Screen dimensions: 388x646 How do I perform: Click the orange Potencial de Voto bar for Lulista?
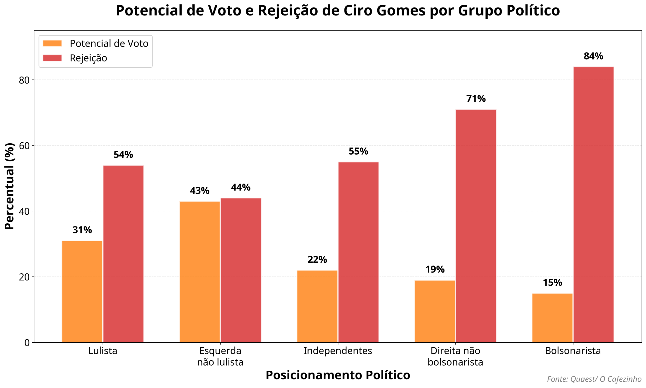click(x=82, y=291)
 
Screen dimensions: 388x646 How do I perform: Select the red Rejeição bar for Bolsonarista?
click(x=593, y=204)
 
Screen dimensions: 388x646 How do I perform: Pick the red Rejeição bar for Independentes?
click(x=358, y=252)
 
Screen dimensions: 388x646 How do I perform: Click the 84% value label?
click(x=593, y=56)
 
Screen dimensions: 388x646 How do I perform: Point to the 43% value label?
click(x=200, y=191)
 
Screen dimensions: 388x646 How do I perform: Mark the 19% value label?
click(x=435, y=270)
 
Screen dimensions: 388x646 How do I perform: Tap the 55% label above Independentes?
click(x=358, y=151)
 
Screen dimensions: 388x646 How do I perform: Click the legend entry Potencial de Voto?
click(x=109, y=43)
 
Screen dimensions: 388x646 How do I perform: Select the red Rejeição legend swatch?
click(x=53, y=58)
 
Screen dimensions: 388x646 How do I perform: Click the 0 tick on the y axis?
click(x=27, y=343)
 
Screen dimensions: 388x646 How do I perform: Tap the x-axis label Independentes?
click(x=338, y=351)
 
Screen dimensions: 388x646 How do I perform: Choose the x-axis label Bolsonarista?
click(x=573, y=351)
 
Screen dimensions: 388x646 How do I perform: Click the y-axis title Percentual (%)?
click(x=10, y=186)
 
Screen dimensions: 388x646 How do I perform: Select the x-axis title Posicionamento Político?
click(x=338, y=375)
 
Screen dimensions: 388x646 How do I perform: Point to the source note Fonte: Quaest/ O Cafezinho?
click(x=594, y=379)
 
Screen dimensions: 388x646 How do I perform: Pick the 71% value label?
click(x=476, y=99)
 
